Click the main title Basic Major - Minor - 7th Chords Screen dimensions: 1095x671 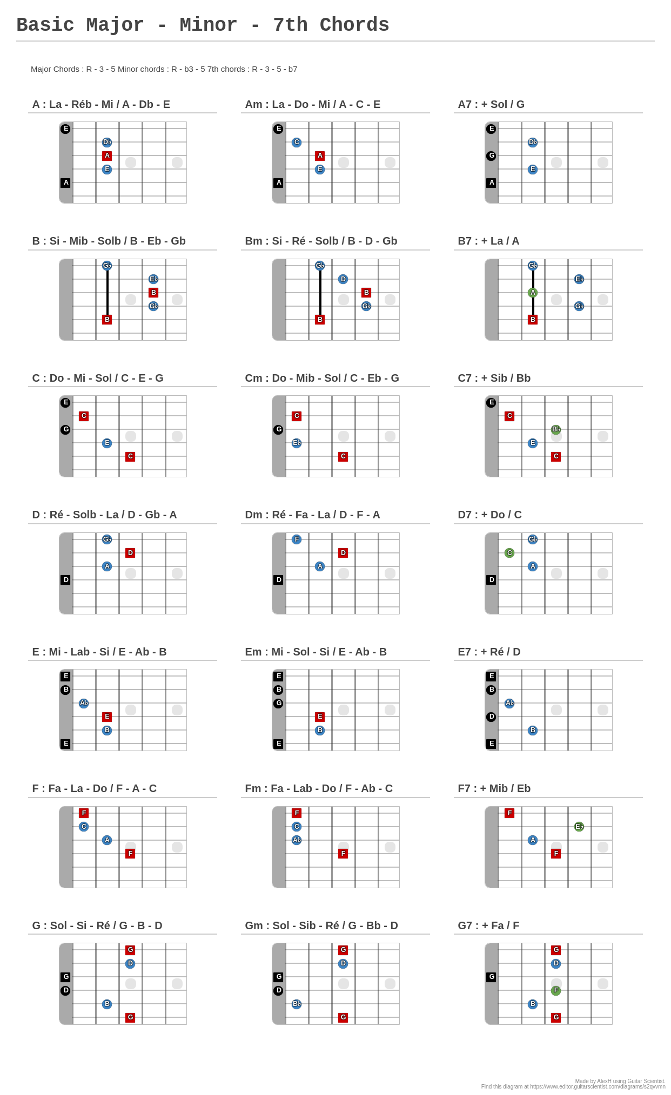(203, 25)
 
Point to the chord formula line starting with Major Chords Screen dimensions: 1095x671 (164, 69)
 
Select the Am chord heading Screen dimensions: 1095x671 (312, 104)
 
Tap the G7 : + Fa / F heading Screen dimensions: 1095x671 (488, 925)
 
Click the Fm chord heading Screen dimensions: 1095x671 (319, 788)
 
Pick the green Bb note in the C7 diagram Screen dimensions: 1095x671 (556, 429)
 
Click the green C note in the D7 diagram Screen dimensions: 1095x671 (509, 553)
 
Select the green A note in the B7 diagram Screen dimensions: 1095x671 (533, 293)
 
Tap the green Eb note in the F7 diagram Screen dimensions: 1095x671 (579, 827)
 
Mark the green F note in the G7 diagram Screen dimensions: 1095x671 (556, 990)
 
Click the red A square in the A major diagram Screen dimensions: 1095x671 (107, 156)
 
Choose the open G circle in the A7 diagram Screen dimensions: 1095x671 (491, 156)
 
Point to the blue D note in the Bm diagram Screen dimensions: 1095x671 (343, 279)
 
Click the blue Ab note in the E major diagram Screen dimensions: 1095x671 (84, 703)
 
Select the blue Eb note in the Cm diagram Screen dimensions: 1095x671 (297, 443)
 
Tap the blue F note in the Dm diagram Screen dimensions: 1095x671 (297, 539)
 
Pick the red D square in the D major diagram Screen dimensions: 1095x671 (130, 553)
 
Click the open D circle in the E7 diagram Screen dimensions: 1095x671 (491, 717)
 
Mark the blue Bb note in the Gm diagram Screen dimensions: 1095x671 (297, 1004)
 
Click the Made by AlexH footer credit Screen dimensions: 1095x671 (620, 1081)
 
